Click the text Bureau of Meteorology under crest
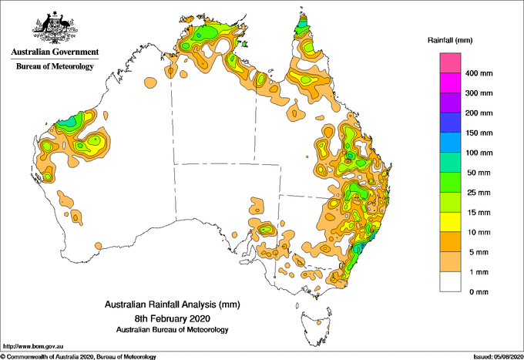point(55,67)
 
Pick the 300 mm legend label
point(479,93)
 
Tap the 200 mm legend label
point(479,113)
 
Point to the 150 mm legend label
point(479,133)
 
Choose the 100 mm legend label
point(479,153)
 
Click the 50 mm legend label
point(478,173)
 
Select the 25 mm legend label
point(478,193)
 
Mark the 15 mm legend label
point(478,213)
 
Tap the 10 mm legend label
point(478,232)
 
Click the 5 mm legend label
point(475,252)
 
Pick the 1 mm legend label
point(475,272)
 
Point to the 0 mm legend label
point(475,292)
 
